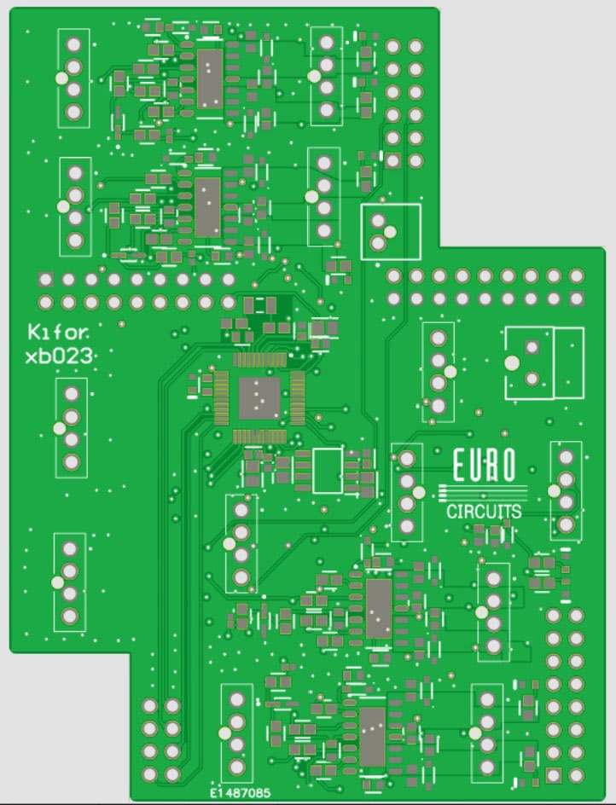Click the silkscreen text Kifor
[58, 333]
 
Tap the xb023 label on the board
[60, 356]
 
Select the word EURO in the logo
[484, 466]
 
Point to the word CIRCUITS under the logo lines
[484, 512]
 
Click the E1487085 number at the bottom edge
[240, 793]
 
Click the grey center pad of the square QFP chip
[259, 398]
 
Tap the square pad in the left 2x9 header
[46, 280]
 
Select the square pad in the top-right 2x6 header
[392, 160]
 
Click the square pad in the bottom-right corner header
[554, 774]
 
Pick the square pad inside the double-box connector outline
[532, 347]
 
